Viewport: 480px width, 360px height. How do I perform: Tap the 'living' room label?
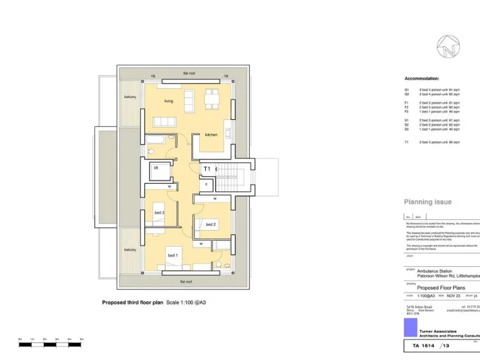tap(169, 101)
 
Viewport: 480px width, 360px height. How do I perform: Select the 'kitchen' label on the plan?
tap(211, 134)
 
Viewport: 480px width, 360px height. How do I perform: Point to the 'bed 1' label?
tap(172, 255)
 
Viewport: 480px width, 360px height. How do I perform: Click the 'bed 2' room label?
tap(211, 224)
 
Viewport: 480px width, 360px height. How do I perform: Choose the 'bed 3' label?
tap(159, 212)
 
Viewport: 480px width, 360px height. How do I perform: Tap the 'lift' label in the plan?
tap(156, 167)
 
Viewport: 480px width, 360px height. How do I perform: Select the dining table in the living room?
tap(212, 98)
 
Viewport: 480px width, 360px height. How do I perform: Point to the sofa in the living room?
tap(166, 121)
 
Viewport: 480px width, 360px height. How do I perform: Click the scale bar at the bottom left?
tap(50, 344)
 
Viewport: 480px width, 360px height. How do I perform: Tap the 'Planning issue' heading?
tap(427, 202)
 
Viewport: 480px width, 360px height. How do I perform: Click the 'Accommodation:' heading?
tap(422, 79)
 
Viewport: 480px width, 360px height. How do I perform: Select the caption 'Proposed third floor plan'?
tap(132, 302)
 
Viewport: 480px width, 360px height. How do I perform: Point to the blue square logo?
tap(410, 328)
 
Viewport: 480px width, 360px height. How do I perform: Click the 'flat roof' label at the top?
tap(189, 73)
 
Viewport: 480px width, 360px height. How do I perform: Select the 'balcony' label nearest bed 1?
tap(130, 249)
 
